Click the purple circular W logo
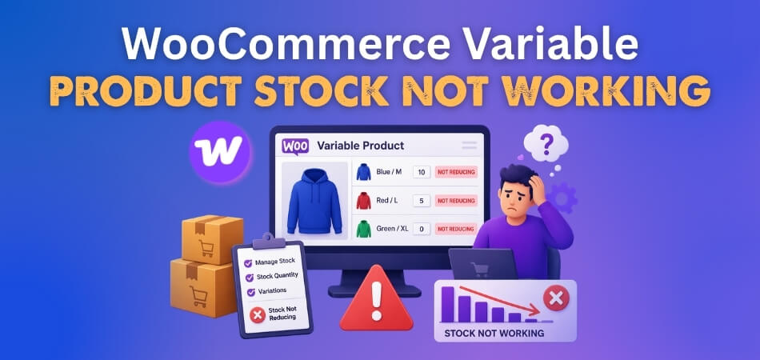(x=220, y=151)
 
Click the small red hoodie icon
(x=364, y=200)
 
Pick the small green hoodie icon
(x=364, y=229)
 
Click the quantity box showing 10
(x=422, y=172)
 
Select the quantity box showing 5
(x=422, y=201)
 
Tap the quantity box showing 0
(x=422, y=229)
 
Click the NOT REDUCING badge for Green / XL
(x=455, y=229)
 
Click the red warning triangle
(x=377, y=300)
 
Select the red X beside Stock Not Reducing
(x=257, y=314)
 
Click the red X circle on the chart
(x=555, y=299)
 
